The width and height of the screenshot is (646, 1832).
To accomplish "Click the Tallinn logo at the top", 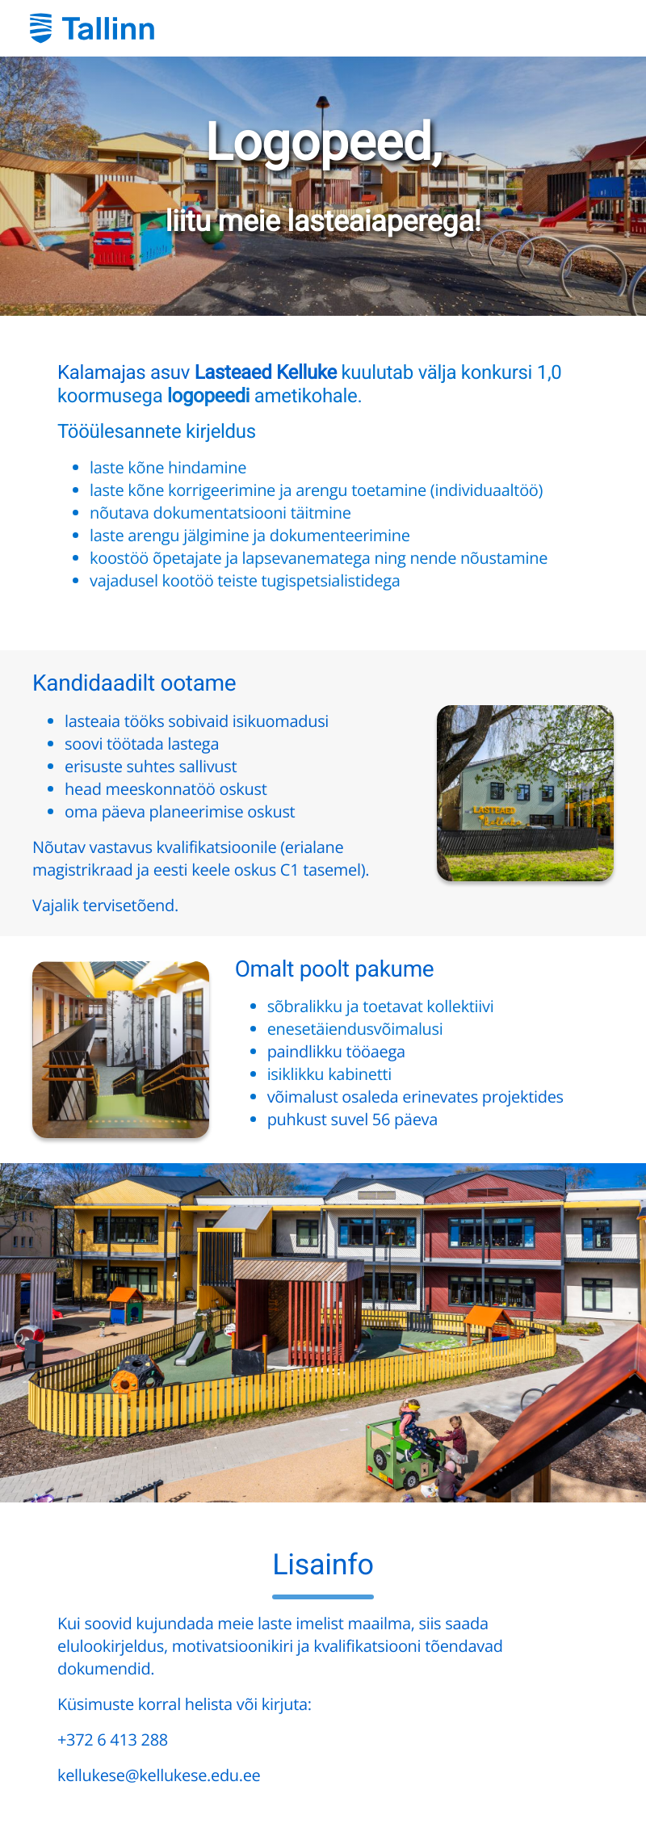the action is (x=92, y=28).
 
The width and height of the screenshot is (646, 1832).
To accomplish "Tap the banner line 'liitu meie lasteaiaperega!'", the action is (x=323, y=220).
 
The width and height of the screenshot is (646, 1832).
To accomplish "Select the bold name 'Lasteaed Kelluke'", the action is (x=266, y=372).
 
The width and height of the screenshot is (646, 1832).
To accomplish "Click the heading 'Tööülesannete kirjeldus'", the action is (x=157, y=431).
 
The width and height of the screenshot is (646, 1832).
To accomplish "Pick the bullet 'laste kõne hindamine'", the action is (x=168, y=468).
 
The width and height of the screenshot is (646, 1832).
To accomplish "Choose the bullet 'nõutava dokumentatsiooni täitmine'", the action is (x=220, y=513).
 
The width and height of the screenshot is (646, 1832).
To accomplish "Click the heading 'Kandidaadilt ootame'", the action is (x=134, y=683).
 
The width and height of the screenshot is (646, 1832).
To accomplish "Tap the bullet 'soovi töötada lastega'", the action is (x=141, y=744).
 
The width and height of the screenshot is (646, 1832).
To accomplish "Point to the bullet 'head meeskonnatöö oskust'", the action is (x=166, y=789).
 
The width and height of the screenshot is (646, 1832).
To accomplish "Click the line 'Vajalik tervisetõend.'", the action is (x=105, y=905).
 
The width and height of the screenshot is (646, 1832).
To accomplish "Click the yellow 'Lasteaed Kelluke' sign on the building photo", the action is (x=497, y=816).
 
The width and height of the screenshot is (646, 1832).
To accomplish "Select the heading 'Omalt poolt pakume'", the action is (x=334, y=969).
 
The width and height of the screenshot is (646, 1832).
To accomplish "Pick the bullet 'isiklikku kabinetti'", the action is (x=329, y=1074).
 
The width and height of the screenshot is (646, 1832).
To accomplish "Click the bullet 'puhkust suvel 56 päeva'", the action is (x=352, y=1120).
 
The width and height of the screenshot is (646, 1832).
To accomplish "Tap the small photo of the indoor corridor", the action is (x=121, y=1050).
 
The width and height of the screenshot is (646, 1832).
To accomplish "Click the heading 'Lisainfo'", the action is (x=323, y=1565).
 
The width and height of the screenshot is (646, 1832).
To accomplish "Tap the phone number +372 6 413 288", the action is (x=112, y=1740).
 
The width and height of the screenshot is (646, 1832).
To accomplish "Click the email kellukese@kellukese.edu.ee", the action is (x=158, y=1775).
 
